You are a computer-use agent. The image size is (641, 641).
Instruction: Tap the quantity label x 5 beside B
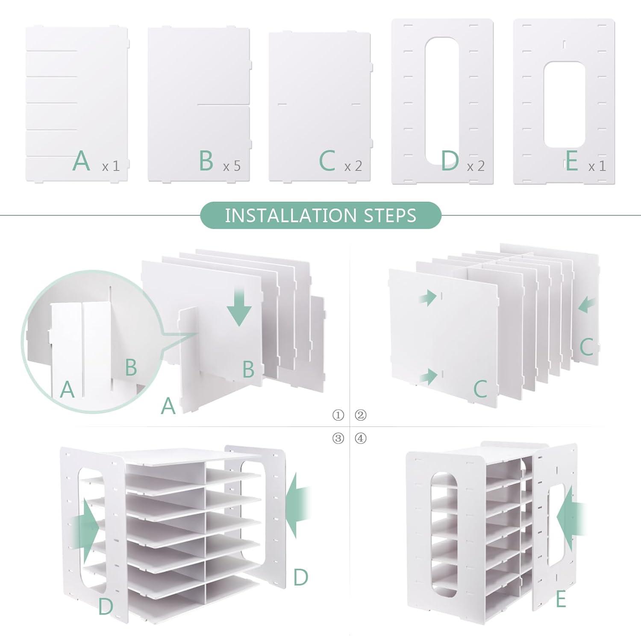[232, 166]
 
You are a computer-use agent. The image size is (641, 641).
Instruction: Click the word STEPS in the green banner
[390, 215]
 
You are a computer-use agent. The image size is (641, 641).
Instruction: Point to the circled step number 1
[338, 415]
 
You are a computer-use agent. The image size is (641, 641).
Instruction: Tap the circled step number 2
[361, 415]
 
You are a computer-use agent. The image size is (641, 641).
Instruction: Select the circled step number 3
[338, 438]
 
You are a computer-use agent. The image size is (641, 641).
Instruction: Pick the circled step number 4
[361, 438]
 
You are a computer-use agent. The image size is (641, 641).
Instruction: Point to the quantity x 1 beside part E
[597, 166]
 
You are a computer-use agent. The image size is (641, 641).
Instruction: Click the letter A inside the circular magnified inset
[67, 389]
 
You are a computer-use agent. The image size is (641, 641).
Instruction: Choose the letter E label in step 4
[561, 600]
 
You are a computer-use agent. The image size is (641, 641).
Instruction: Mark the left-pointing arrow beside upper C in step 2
[588, 305]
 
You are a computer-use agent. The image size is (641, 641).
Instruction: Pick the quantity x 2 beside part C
[353, 166]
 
